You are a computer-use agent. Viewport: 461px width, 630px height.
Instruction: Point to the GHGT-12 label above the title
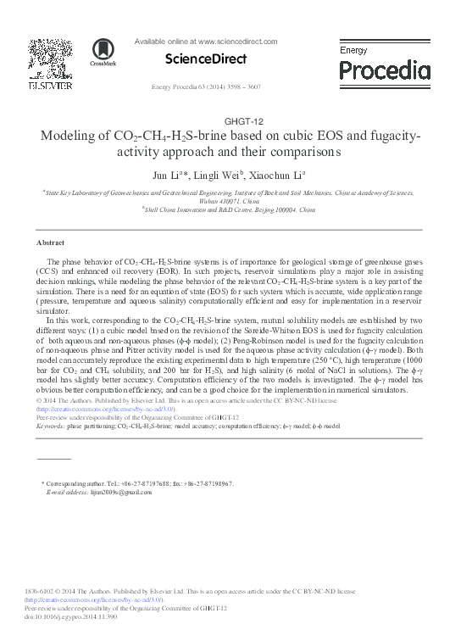tap(230, 120)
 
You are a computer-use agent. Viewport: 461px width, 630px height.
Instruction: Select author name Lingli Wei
tap(219, 176)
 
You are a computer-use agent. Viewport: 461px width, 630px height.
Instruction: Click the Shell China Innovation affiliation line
tap(230, 209)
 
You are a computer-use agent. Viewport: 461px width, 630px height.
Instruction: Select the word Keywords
tap(50, 426)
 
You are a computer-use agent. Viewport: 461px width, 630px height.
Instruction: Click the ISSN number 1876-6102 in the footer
tap(41, 591)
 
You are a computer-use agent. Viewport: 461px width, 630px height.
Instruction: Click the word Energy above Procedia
tap(353, 51)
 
